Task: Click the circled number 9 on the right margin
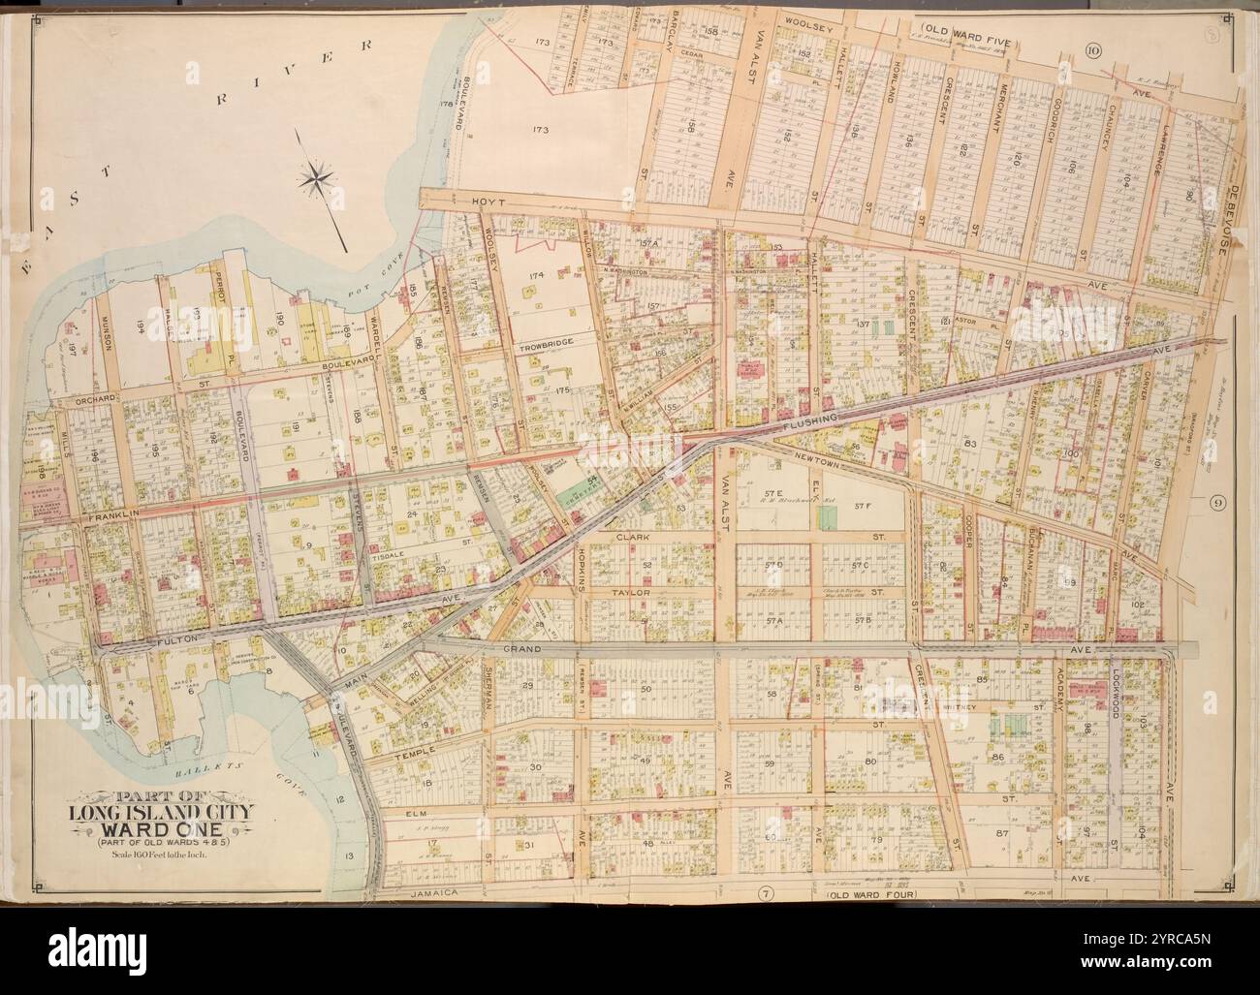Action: coord(1218,502)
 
